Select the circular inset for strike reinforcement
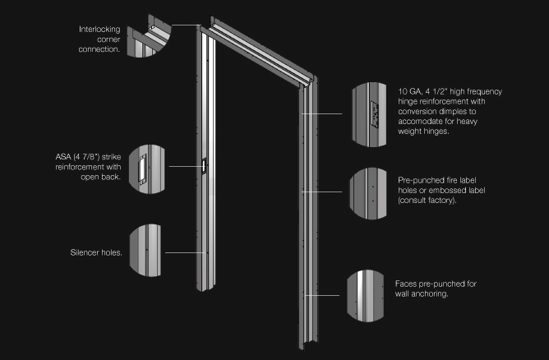click(x=146, y=168)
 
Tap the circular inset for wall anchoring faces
click(x=368, y=293)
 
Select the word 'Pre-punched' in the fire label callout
click(x=422, y=180)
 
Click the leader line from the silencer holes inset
click(x=185, y=252)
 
